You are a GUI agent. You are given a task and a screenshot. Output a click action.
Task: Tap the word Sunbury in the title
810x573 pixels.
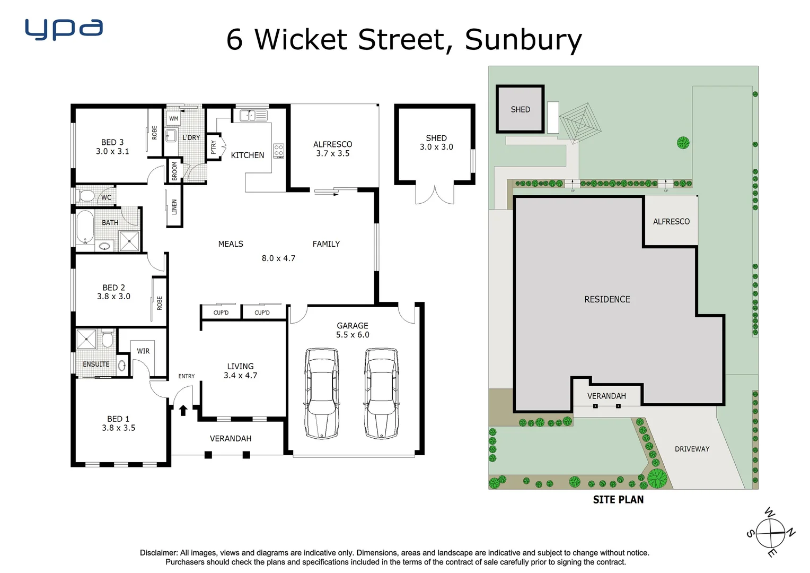[523, 40]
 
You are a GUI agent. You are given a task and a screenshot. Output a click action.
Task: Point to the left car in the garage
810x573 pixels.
[322, 393]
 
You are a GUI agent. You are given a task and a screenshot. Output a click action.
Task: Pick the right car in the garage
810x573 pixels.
[381, 393]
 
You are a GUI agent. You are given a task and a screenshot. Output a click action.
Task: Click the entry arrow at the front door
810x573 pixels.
[183, 410]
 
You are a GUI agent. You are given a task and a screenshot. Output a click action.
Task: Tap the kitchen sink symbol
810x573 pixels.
[253, 115]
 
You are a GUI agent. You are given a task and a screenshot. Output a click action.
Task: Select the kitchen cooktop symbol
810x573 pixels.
[278, 151]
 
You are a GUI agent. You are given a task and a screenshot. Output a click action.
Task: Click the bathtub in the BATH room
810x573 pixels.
[85, 227]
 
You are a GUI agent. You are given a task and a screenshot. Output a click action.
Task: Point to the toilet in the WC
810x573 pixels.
[86, 196]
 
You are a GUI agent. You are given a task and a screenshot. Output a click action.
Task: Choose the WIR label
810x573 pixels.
[143, 351]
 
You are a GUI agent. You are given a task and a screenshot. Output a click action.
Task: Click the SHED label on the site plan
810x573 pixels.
[520, 109]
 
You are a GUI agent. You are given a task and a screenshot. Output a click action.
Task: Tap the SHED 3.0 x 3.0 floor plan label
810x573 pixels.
[436, 142]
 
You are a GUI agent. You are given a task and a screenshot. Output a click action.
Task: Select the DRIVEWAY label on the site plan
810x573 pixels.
[692, 449]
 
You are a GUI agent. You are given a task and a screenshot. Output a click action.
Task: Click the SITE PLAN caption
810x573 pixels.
[618, 500]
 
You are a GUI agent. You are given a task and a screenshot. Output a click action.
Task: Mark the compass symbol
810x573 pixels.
[770, 533]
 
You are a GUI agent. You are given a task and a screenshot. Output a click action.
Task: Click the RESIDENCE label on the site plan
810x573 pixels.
[607, 299]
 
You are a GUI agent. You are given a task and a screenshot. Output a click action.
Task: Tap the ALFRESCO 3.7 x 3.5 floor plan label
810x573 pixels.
[332, 149]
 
